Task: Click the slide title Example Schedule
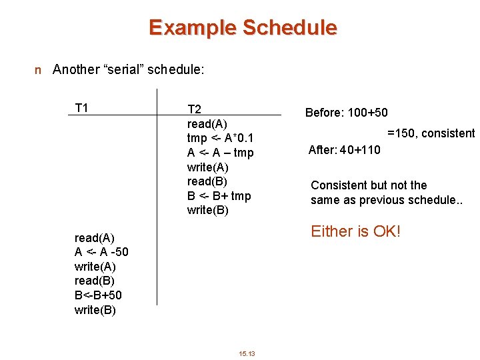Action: (243, 28)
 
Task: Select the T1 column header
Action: (82, 108)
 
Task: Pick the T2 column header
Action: (195, 109)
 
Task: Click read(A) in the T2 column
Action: (207, 124)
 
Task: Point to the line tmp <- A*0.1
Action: (220, 138)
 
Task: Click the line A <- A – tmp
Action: (220, 153)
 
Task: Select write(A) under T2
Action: (207, 167)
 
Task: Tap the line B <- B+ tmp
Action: (219, 196)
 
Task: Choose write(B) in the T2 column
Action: (207, 211)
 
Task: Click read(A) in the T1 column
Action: (94, 238)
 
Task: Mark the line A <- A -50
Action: (101, 252)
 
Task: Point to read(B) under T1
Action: (94, 281)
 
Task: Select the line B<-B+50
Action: (98, 295)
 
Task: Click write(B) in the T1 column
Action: (95, 309)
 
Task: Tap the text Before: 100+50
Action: (346, 113)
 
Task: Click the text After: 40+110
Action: (344, 150)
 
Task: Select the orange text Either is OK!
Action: (355, 231)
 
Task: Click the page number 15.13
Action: (247, 353)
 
